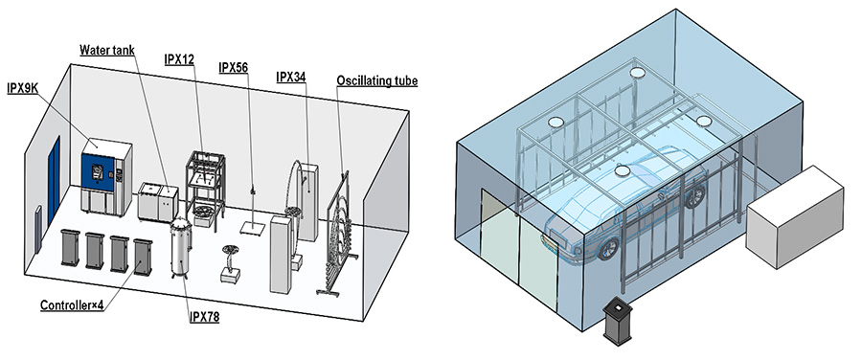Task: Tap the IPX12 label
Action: pyautogui.click(x=179, y=59)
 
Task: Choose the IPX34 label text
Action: pyautogui.click(x=290, y=77)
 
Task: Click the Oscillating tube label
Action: pyautogui.click(x=368, y=81)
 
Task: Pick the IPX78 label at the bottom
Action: pyautogui.click(x=203, y=317)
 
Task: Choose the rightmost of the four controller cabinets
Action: pyautogui.click(x=144, y=256)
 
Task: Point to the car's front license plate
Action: pyautogui.click(x=553, y=243)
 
